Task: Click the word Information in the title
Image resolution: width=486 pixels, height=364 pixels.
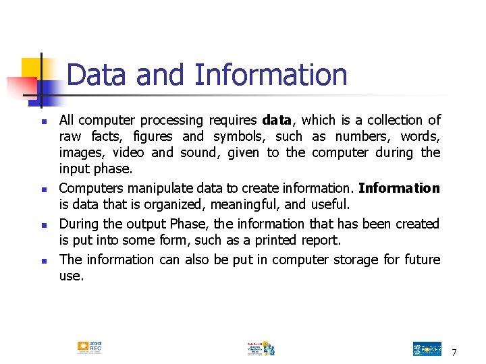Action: point(271,74)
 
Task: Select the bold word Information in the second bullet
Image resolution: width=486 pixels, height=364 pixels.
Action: point(399,188)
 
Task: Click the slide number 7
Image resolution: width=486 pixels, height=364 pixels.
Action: point(454,353)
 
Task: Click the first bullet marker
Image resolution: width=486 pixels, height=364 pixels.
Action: point(43,122)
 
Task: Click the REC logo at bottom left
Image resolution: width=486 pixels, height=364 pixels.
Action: point(89,347)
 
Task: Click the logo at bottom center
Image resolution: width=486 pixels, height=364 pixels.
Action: point(261,348)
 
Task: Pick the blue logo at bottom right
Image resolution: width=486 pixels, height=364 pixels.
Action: point(427,348)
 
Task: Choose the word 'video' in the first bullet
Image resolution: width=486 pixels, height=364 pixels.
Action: point(128,153)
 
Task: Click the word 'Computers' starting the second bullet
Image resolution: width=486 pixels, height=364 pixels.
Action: point(88,188)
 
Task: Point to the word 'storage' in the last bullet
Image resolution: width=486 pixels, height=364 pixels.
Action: point(356,260)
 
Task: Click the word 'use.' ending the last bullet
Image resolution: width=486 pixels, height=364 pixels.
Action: point(72,276)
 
